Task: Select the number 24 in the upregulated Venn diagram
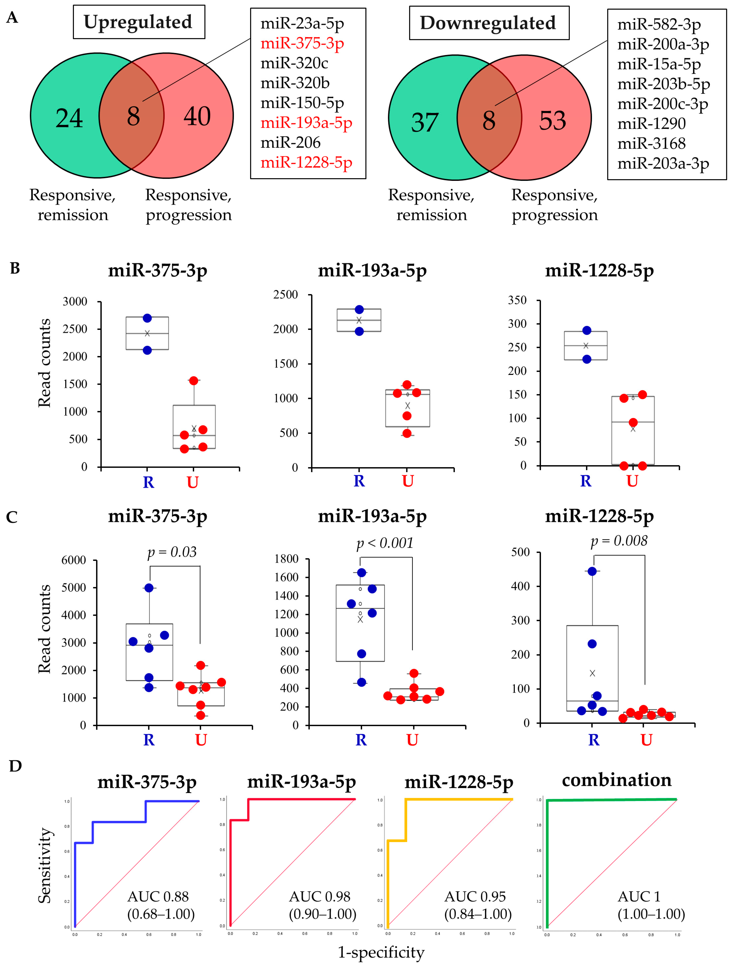click(69, 118)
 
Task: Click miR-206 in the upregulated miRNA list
click(290, 143)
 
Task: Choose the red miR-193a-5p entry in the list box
click(306, 123)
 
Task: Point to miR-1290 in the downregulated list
click(651, 124)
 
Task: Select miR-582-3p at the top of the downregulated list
click(658, 25)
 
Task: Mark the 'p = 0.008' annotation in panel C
click(619, 541)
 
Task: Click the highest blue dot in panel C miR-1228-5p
click(592, 571)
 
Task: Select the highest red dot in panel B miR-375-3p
click(193, 380)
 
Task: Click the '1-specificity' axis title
click(381, 953)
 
